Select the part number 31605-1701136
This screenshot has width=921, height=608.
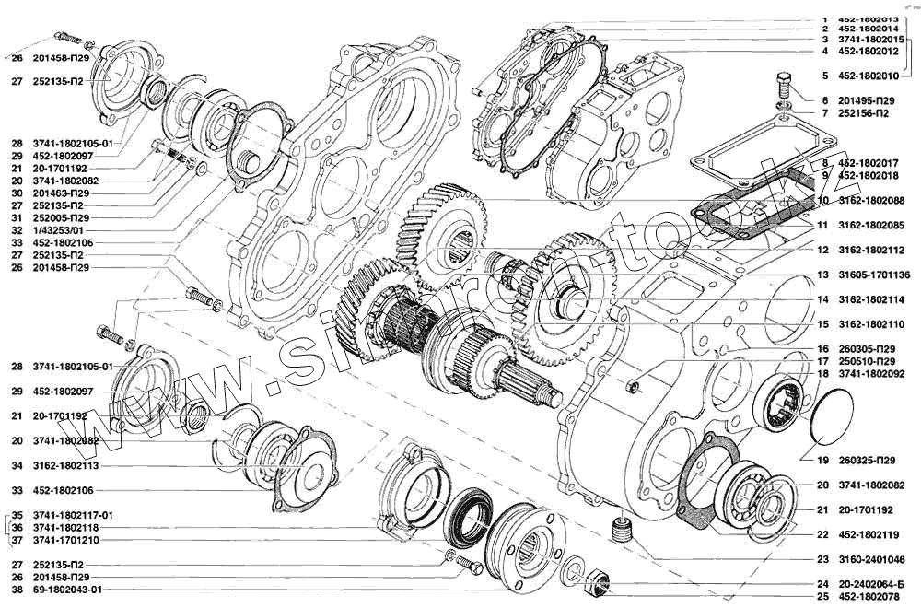[872, 275]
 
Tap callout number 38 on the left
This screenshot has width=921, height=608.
[17, 590]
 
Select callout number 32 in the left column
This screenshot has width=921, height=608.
[17, 229]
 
